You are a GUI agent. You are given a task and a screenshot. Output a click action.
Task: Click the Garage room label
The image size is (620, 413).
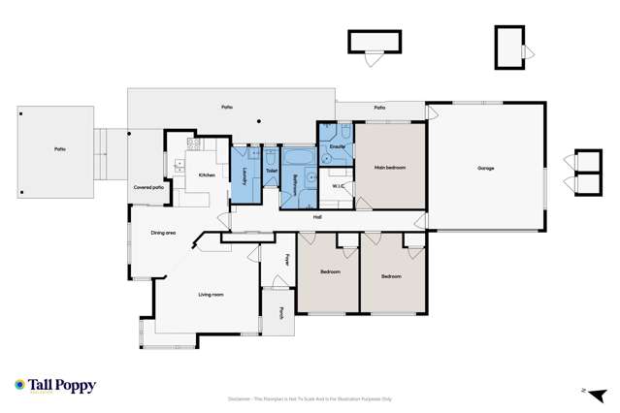[485, 169]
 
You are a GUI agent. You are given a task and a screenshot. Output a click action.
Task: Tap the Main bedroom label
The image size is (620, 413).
[389, 168]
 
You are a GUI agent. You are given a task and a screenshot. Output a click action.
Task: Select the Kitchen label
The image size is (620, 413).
[207, 175]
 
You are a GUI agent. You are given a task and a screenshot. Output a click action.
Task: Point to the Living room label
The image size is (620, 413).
[211, 295]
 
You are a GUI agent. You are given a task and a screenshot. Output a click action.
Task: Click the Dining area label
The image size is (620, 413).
[163, 233]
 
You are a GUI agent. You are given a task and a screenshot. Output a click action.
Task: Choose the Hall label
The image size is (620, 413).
[317, 217]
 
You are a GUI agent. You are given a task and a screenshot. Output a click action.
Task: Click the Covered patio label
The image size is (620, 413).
[147, 187]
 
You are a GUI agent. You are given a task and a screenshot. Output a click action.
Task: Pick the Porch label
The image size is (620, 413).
[281, 312]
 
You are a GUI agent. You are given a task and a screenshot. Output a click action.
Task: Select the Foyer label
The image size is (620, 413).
[287, 260]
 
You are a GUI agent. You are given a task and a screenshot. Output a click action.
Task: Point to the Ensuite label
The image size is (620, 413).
[337, 146]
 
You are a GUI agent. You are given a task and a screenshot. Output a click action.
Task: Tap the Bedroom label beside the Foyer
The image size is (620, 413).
[330, 271]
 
